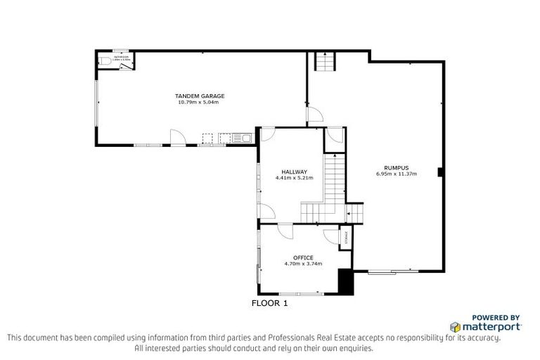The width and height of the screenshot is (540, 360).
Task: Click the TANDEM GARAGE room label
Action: click(x=200, y=96)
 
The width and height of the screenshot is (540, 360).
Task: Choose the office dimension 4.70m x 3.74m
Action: click(x=303, y=264)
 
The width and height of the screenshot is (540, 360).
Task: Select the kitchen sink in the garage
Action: click(x=246, y=138)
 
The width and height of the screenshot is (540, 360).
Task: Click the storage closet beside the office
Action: click(x=345, y=238)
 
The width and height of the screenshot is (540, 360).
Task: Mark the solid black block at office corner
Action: click(x=345, y=282)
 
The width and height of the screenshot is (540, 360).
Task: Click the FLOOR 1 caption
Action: click(x=270, y=304)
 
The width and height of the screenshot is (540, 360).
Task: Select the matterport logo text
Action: click(x=491, y=327)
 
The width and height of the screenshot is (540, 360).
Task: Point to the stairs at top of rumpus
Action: click(x=324, y=63)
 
